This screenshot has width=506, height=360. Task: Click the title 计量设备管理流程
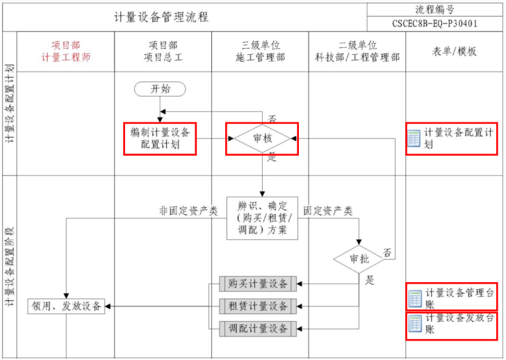click(x=161, y=17)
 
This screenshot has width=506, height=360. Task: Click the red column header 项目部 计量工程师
click(x=67, y=51)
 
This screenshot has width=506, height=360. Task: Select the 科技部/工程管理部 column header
click(x=357, y=51)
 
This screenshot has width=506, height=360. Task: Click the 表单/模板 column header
click(x=455, y=51)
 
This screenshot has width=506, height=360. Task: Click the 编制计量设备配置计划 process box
click(x=161, y=138)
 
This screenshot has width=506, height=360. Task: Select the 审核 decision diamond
click(x=262, y=139)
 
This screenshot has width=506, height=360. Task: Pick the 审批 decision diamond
click(x=359, y=259)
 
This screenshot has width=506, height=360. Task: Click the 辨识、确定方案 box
click(x=262, y=218)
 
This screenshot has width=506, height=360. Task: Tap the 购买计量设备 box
click(x=258, y=283)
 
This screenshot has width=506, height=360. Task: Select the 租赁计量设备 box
click(x=258, y=306)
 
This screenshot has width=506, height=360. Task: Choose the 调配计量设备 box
click(x=258, y=328)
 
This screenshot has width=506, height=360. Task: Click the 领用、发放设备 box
click(x=67, y=306)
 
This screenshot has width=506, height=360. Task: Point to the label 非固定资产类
click(x=188, y=211)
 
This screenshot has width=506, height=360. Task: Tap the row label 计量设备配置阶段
click(x=10, y=268)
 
